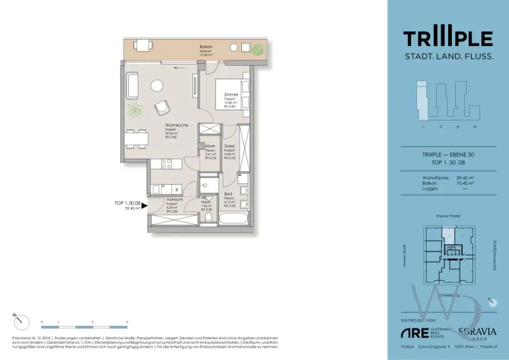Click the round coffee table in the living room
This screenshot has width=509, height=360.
(157, 86)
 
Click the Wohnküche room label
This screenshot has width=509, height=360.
(176, 125)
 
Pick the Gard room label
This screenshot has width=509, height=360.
(229, 146)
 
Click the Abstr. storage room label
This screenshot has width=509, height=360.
(209, 146)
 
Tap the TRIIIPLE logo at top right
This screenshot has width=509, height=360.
(448, 38)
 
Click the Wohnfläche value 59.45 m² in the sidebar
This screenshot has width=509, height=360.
(465, 178)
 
